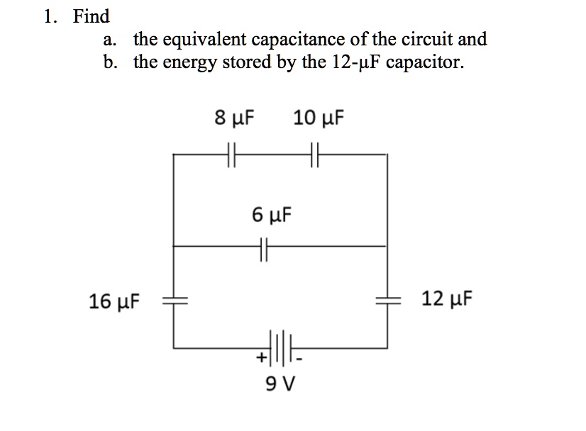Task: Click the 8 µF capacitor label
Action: pos(235,118)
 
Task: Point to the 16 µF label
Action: pos(114,303)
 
